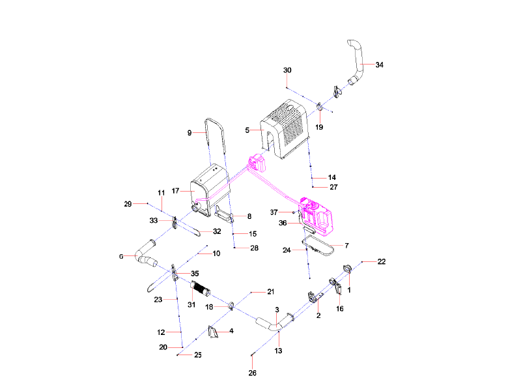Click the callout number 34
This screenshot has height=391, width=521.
380,65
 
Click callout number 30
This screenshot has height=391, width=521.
287,70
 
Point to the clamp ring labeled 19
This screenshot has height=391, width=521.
320,106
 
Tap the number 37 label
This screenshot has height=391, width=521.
274,212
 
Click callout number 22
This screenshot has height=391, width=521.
382,261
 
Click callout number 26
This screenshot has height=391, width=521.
253,373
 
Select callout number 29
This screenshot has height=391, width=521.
128,204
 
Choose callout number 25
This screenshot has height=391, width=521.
198,355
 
